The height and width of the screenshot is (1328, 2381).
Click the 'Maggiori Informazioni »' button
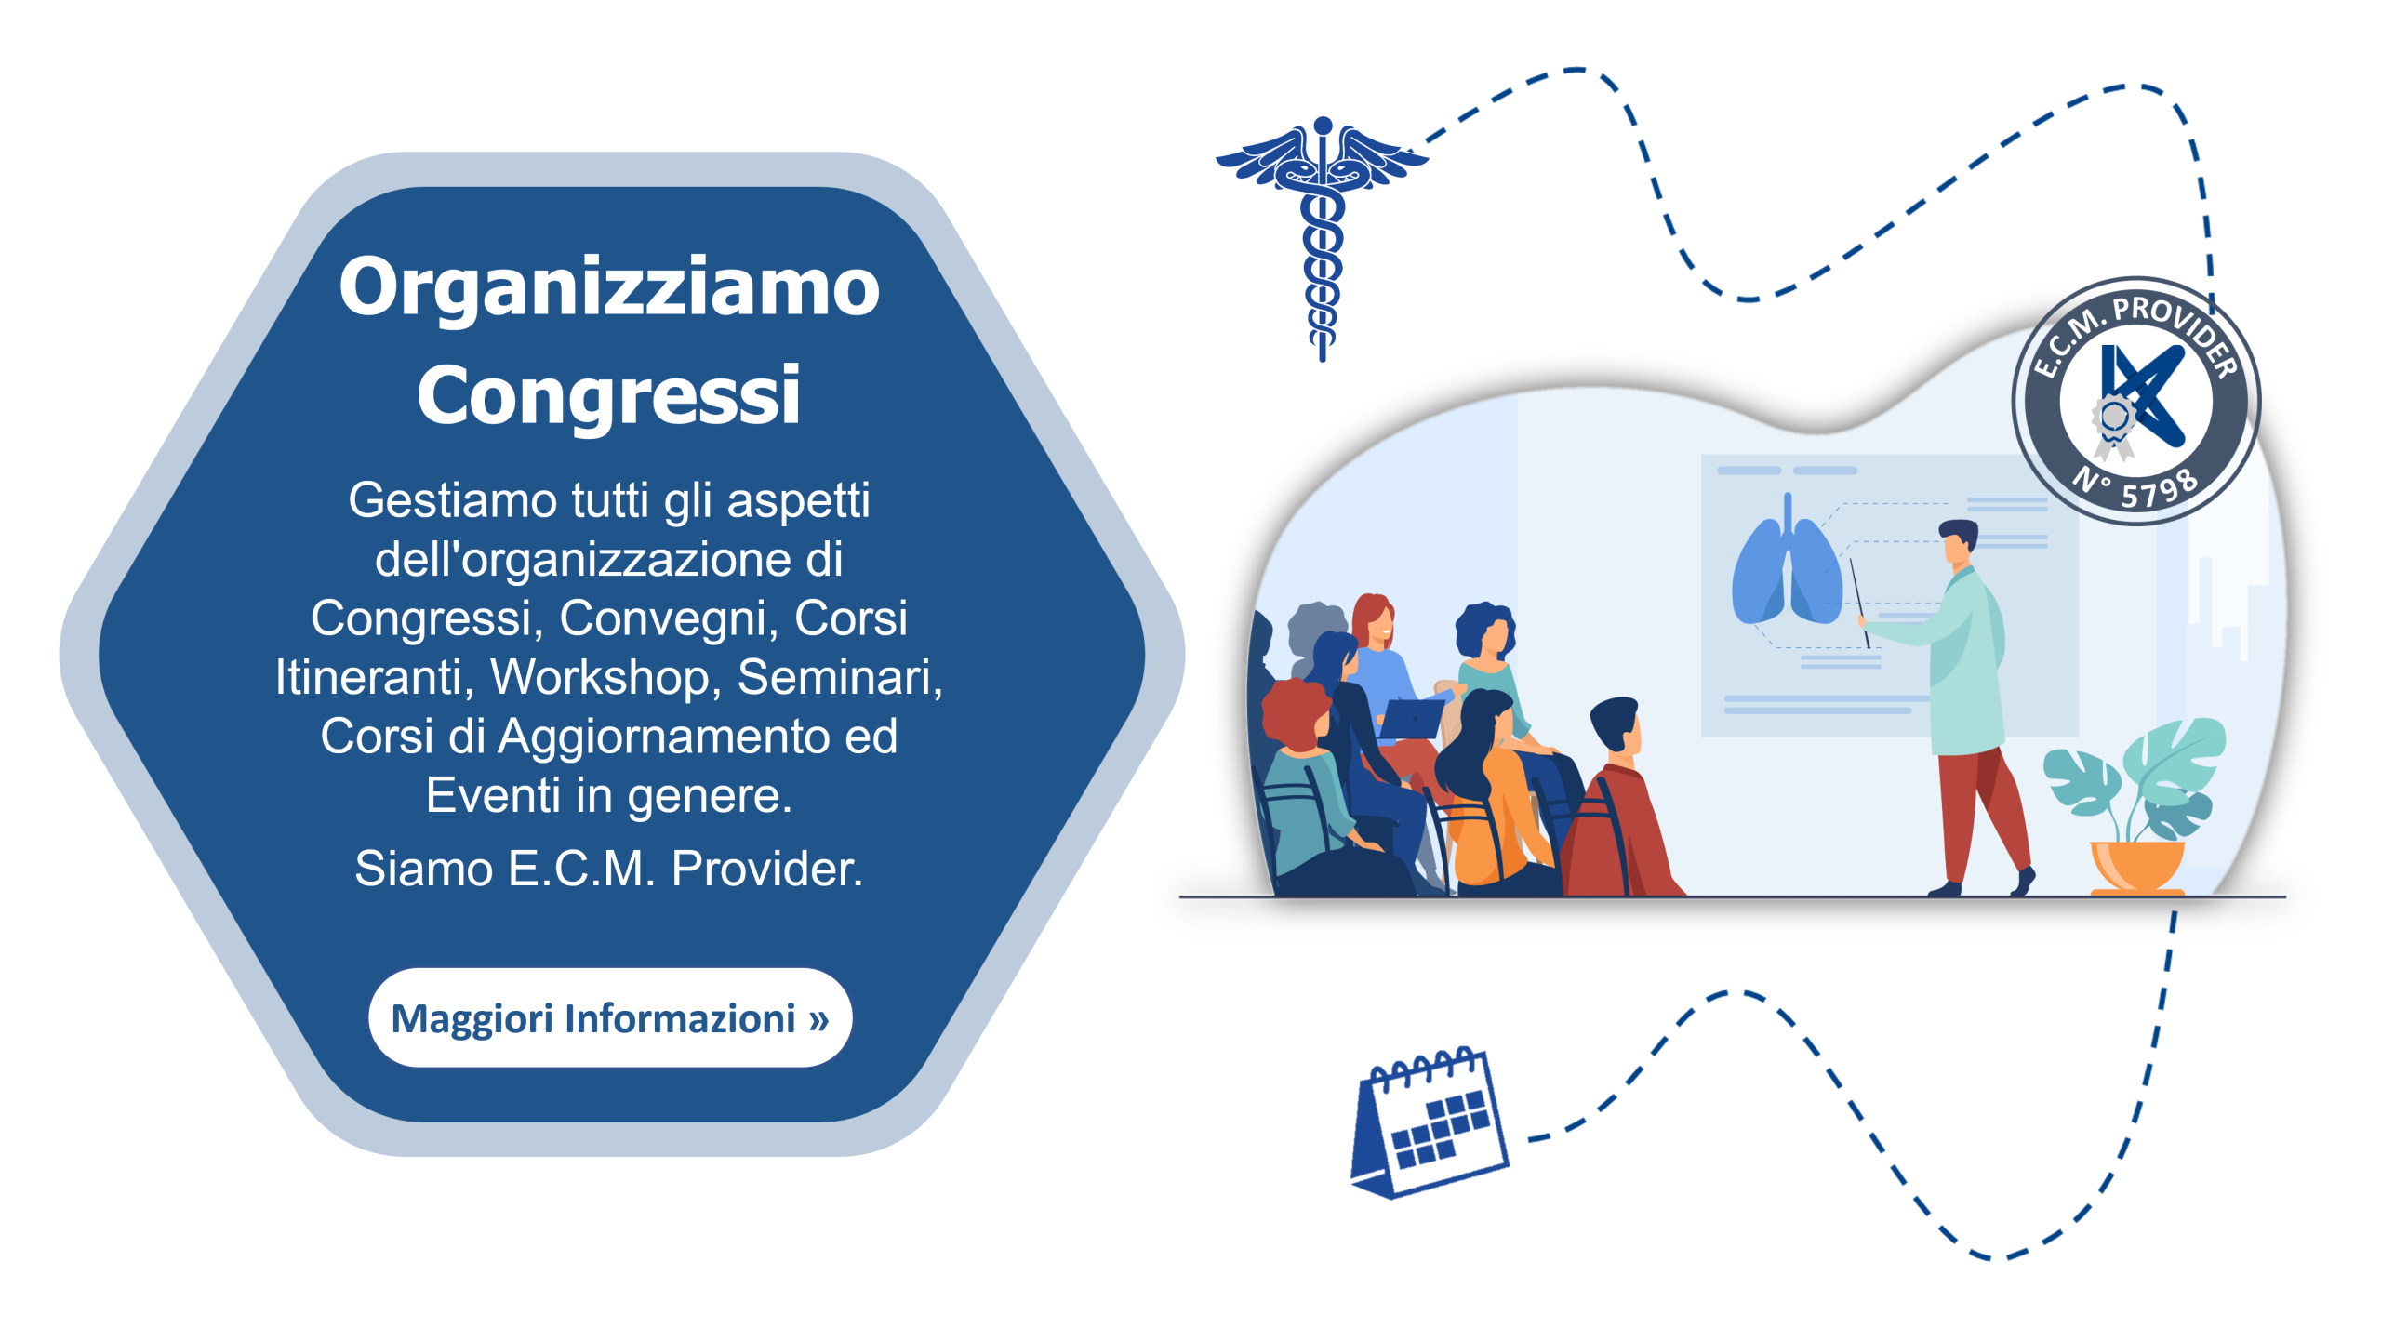(610, 1017)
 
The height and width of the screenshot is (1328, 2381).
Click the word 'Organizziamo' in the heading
(609, 288)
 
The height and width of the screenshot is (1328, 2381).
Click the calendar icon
(1429, 1122)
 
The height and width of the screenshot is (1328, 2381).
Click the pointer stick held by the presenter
(1859, 603)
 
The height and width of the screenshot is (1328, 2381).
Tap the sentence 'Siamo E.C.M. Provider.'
(609, 869)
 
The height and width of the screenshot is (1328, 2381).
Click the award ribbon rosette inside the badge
(2113, 424)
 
